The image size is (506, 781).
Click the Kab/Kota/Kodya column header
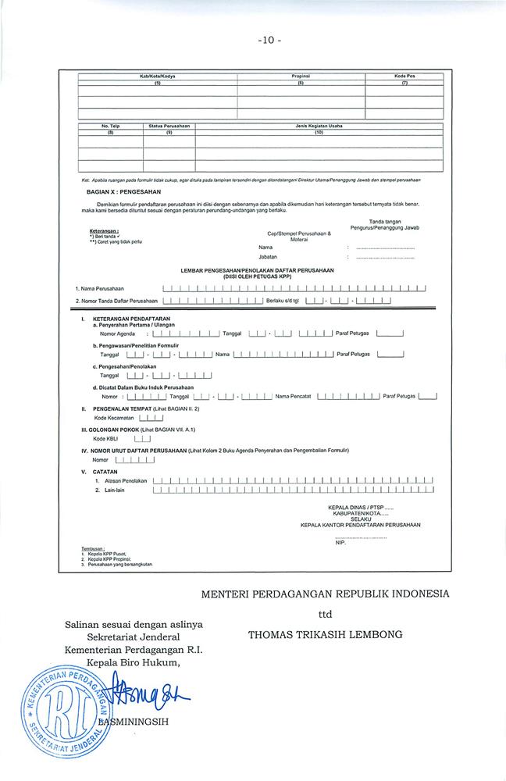point(156,77)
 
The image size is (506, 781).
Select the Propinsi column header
point(301,77)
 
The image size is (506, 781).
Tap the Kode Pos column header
point(404,77)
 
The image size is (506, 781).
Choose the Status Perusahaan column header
point(169,126)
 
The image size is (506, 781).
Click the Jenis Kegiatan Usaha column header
point(319,126)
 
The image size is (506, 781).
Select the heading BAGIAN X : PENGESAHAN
point(123,191)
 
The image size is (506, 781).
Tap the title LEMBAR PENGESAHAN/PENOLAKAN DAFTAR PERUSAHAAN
point(257,269)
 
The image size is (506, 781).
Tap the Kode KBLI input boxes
point(141,439)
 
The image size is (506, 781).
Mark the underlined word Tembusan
point(93,548)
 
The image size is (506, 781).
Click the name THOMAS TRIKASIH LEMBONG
point(325,634)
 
